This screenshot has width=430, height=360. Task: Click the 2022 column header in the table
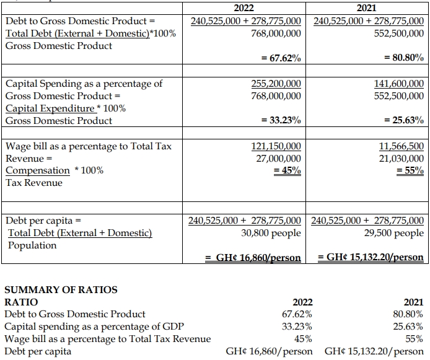tap(246, 8)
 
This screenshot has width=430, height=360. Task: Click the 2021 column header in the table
tap(369, 8)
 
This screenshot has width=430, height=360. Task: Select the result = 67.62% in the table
tap(281, 58)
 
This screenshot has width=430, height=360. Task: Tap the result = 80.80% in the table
tap(404, 58)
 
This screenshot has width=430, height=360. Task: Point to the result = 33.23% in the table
tap(281, 121)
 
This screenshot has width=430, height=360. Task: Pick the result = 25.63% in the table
tap(404, 121)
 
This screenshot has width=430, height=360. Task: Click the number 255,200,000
tap(276, 84)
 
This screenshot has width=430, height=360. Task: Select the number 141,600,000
tap(399, 84)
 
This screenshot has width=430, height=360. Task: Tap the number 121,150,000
tap(276, 146)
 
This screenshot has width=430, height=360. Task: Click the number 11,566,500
tap(401, 146)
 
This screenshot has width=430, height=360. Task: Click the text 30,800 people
tap(271, 233)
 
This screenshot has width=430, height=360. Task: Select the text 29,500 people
tap(394, 233)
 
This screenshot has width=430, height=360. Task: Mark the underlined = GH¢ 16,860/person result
tap(253, 257)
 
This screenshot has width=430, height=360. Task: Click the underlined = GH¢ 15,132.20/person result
tap(371, 257)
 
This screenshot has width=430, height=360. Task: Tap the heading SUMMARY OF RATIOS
tap(61, 289)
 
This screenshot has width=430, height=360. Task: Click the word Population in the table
tap(32, 245)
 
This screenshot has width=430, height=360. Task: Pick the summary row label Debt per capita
tap(38, 351)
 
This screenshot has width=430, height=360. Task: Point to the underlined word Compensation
tap(38, 170)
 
